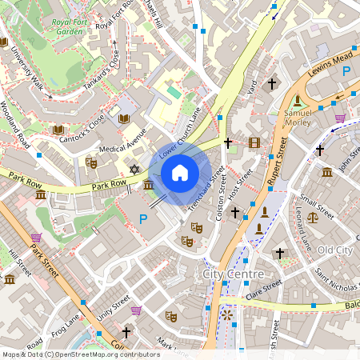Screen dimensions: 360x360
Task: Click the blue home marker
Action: pyautogui.click(x=180, y=172)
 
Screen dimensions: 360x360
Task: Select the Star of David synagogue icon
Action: pyautogui.click(x=134, y=170)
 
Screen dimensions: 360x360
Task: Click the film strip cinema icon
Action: pyautogui.click(x=254, y=143)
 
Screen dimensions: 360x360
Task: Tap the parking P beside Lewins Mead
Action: pyautogui.click(x=346, y=72)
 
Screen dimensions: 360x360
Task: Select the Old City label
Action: pyautogui.click(x=334, y=250)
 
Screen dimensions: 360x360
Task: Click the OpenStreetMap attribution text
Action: pyautogui.click(x=81, y=354)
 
